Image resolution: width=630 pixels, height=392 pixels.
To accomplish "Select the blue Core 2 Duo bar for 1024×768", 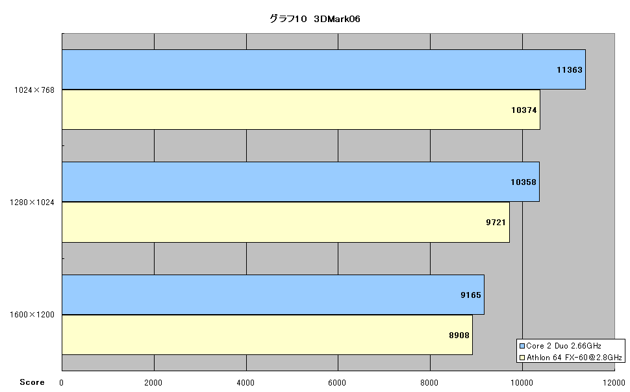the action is coord(323,69).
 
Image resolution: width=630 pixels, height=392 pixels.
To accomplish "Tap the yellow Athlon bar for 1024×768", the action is coord(301,110).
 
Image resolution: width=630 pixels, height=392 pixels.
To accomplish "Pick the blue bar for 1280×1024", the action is coord(301,182).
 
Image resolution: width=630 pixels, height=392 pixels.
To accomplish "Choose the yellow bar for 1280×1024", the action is coord(286,222).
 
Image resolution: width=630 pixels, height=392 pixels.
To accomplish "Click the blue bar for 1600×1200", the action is coord(273,295).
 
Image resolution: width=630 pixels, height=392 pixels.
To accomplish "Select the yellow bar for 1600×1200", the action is coord(267,335).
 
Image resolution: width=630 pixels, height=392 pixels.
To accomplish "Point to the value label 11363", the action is coord(570,70).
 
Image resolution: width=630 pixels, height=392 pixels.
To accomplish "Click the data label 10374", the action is coord(524,110).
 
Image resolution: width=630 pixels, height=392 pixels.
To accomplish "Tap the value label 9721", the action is coord(496,223).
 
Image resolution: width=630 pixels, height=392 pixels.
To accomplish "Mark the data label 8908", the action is coord(459,336).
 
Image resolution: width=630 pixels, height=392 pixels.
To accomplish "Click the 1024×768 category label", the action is coord(34,90).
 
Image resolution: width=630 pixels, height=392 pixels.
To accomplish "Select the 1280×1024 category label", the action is coord(32,202).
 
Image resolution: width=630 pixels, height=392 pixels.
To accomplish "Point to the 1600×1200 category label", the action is coord(32,315).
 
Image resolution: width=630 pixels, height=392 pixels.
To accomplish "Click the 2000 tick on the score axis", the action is coord(153,383).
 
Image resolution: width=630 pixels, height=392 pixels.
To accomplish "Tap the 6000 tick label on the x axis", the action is coord(337,383).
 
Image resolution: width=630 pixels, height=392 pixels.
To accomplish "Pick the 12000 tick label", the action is coord(614,383).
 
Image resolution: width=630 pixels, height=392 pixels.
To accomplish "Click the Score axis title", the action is coord(32,382).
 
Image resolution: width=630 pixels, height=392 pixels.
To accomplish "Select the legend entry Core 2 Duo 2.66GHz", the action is coord(561,346).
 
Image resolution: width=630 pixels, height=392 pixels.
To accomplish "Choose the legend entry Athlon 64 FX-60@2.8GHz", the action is coord(571,358).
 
